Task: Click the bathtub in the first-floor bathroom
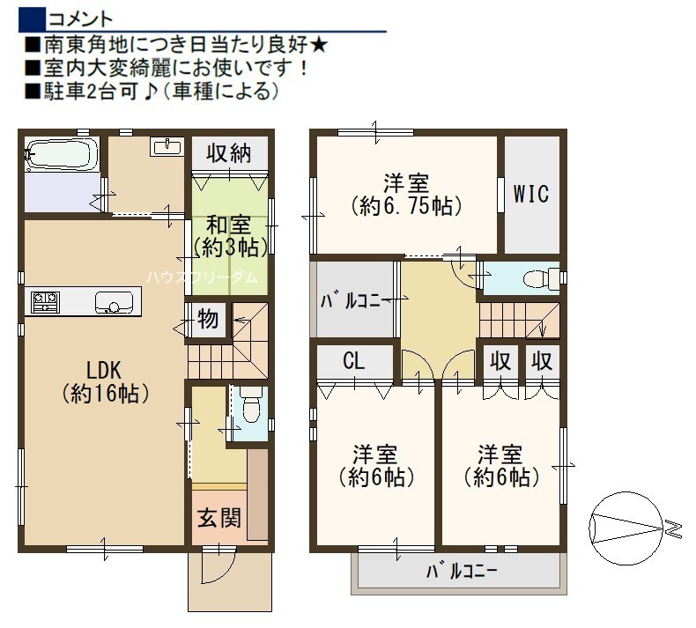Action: pos(62,154)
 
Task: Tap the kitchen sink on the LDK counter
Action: pos(114,303)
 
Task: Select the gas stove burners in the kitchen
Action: pos(45,302)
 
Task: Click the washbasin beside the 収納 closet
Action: pos(167,146)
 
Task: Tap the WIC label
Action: pos(531,194)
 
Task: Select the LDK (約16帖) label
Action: pos(105,381)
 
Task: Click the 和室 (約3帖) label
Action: pos(229,237)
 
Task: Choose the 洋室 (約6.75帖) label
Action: pos(406,195)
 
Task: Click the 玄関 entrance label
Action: pos(219,518)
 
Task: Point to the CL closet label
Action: pos(354,361)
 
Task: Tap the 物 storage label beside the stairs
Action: pos(208,319)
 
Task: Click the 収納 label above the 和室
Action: pos(228,153)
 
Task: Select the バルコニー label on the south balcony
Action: pos(461,572)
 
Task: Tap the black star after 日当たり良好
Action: pos(318,45)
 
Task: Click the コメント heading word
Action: pos(80,19)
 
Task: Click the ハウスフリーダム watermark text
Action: pos(203,277)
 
